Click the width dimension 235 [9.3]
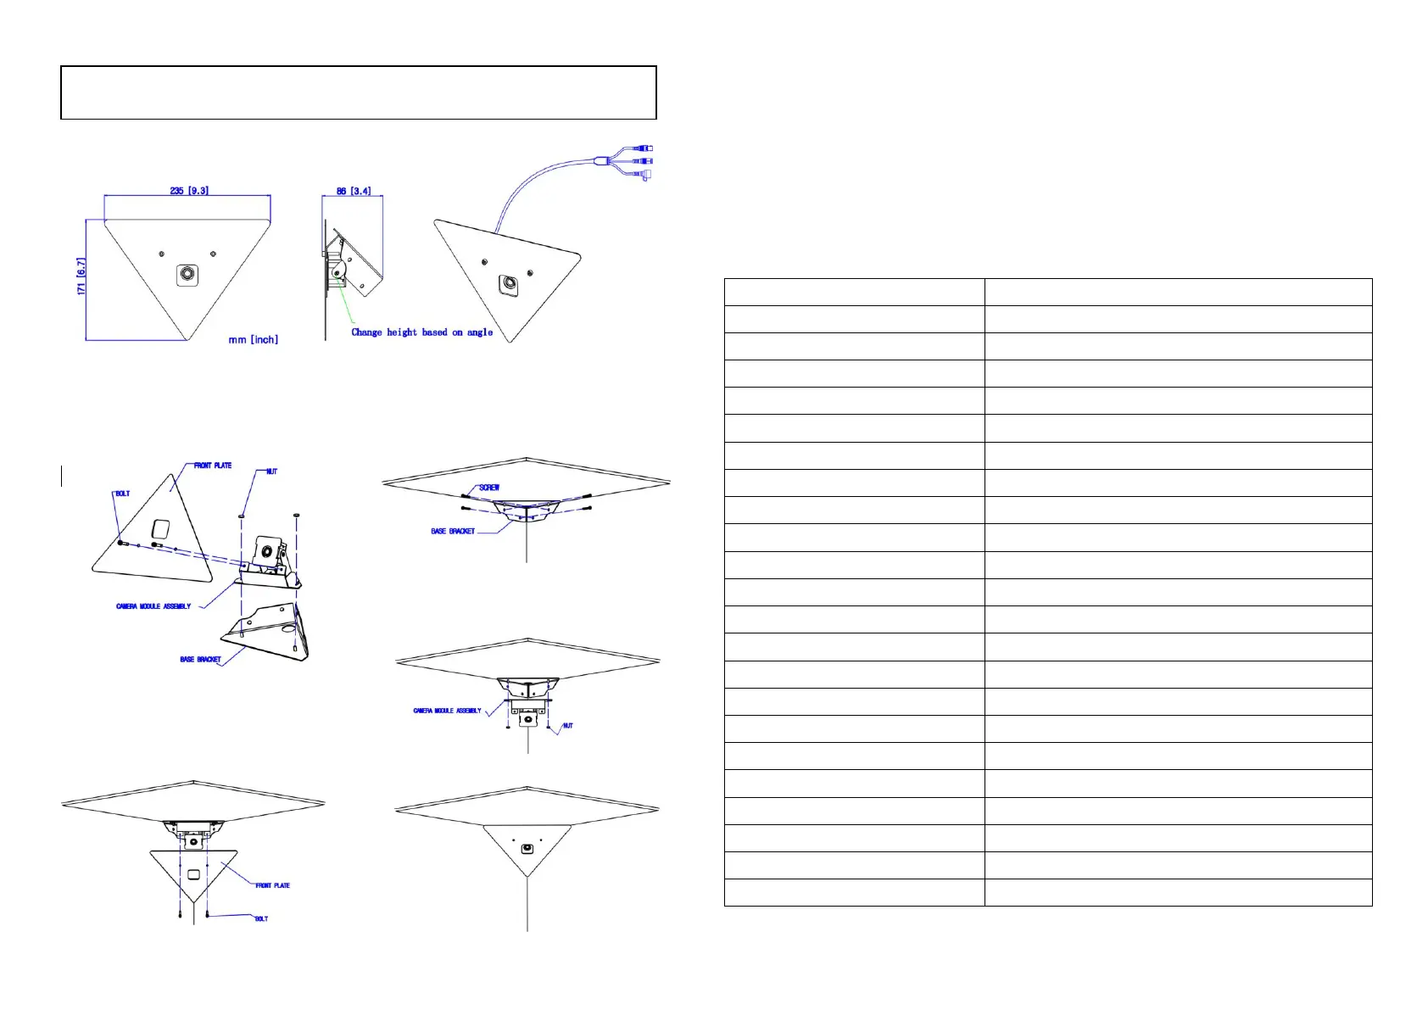[x=188, y=191]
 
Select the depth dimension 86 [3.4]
[x=353, y=191]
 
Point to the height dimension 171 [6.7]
[x=81, y=276]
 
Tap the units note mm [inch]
[x=253, y=339]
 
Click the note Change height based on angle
[x=421, y=332]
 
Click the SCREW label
[x=489, y=488]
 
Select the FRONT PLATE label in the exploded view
[x=212, y=466]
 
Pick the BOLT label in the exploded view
[x=122, y=494]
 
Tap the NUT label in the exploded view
[x=271, y=472]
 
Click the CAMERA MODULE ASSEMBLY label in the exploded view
[x=153, y=606]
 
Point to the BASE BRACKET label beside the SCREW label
[x=453, y=532]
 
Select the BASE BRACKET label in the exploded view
[x=200, y=659]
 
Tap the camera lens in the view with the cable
[x=509, y=283]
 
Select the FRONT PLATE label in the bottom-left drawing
[x=272, y=885]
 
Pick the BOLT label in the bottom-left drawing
[x=261, y=918]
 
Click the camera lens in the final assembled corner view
[x=527, y=848]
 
